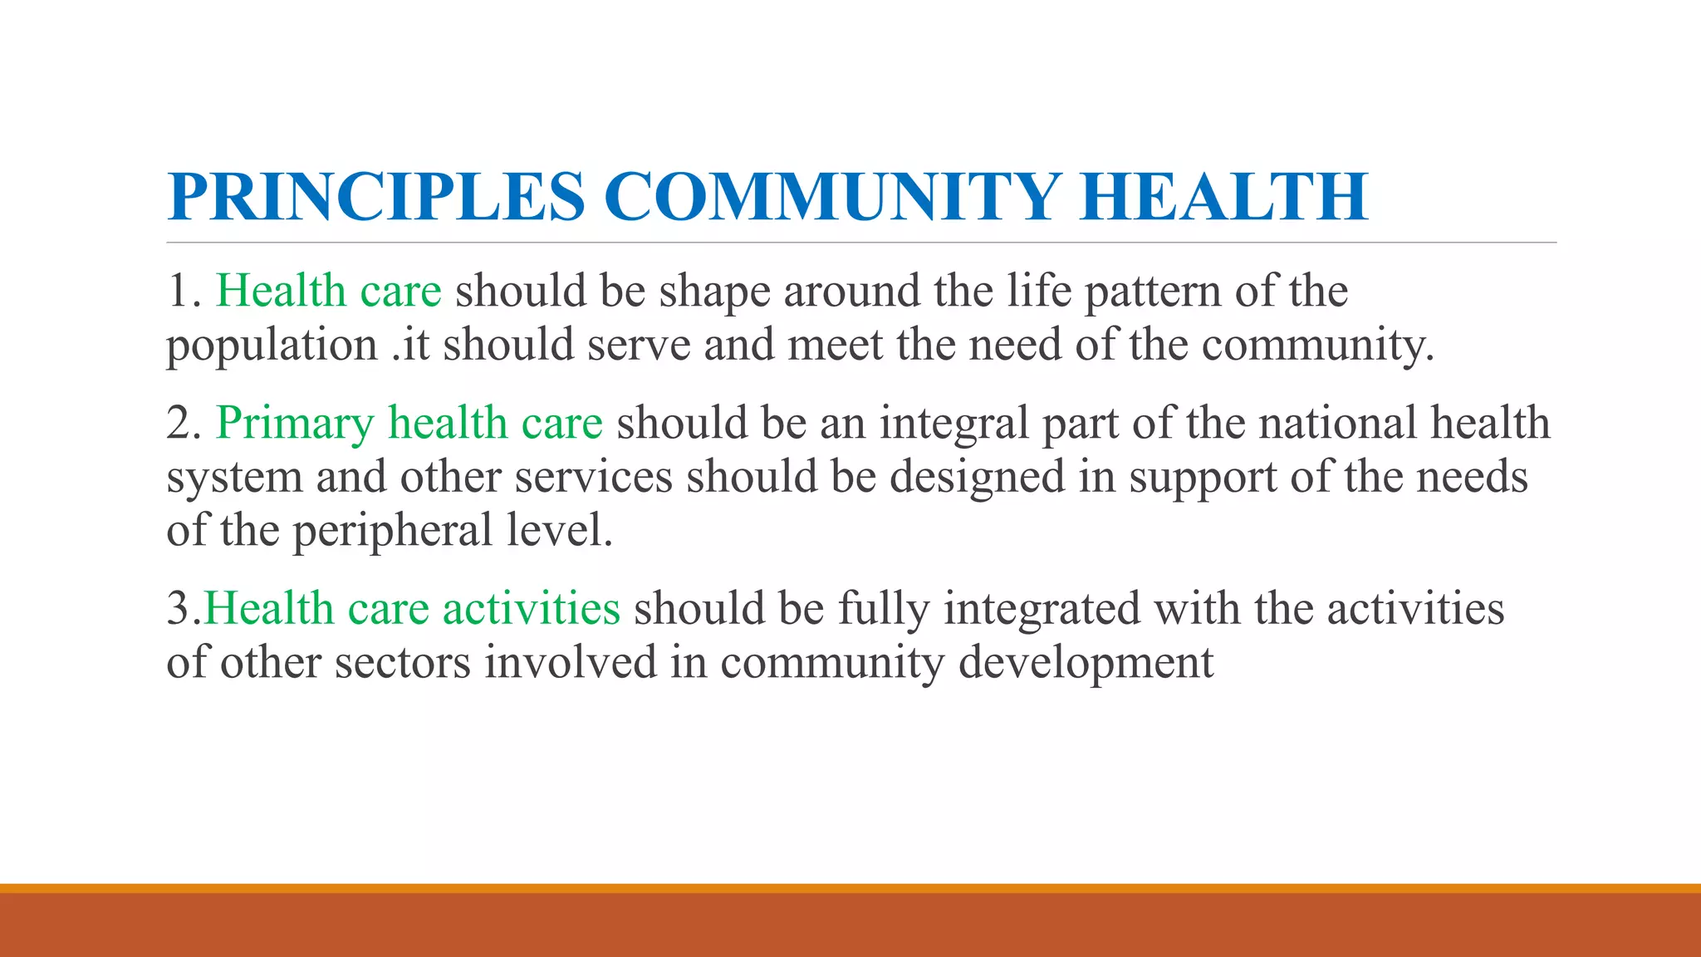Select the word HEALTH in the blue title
tap(1223, 197)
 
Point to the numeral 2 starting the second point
tap(179, 423)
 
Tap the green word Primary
tap(295, 425)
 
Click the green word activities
tap(531, 608)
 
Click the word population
tap(272, 346)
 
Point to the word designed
tap(977, 478)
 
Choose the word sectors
tap(403, 663)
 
